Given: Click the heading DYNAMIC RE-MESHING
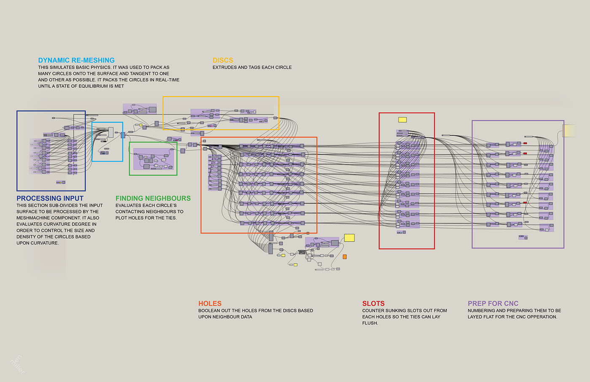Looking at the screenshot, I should pos(76,60).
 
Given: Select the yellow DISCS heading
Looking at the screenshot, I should pos(223,60).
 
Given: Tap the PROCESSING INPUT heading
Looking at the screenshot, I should pos(50,198).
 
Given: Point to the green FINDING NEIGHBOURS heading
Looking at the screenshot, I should pos(153,198).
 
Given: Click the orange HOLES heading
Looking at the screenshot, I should pos(210,304).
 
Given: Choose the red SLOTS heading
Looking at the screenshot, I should pos(373,304).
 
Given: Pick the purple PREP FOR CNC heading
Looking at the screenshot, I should pos(493,304).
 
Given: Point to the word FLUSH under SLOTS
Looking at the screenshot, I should pos(370,323).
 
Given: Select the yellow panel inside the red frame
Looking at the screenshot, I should pos(402,120).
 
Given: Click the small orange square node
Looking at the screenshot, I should pos(344,256).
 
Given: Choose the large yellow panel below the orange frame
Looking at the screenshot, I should pos(349,238).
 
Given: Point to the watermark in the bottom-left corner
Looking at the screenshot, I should pos(17,365).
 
